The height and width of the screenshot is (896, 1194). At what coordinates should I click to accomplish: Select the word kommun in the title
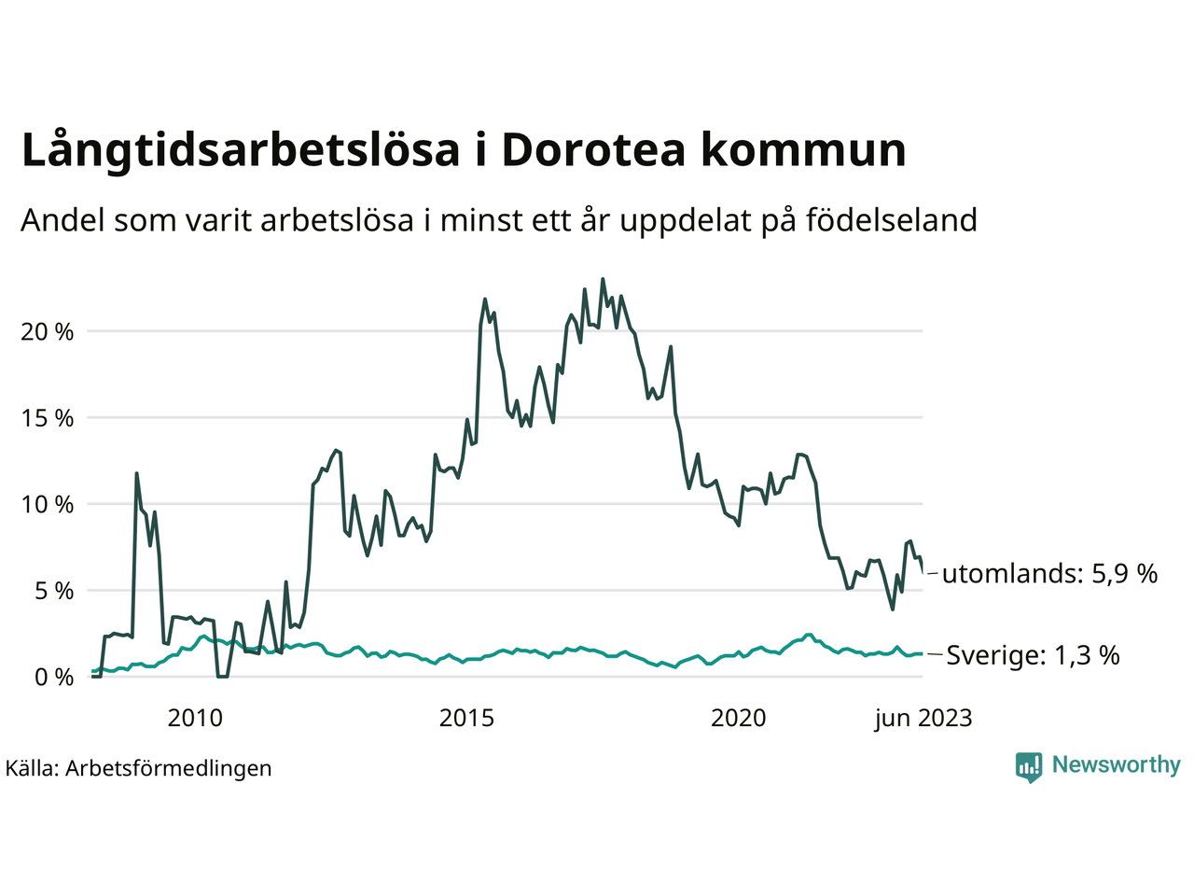803,150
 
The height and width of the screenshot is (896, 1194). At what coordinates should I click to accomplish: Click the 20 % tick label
48,331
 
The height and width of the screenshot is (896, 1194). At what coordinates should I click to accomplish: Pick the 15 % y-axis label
48,418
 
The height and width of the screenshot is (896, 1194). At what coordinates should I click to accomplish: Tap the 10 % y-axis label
48,504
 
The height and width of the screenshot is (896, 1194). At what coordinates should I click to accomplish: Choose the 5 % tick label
53,591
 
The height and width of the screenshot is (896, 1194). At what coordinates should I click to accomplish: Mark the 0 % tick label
53,677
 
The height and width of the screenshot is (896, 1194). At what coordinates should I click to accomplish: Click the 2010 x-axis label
195,718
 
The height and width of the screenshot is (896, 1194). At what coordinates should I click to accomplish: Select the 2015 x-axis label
466,718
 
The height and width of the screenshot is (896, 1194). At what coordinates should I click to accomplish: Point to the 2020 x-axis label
738,718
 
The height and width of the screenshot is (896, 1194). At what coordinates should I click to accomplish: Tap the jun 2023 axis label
923,718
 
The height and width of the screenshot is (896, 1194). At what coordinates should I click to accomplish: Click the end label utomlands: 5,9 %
1049,573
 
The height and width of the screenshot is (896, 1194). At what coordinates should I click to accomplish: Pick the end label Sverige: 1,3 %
1033,655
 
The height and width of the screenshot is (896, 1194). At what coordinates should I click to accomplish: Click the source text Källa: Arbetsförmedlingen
138,768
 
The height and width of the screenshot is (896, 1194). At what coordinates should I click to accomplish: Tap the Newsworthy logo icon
1028,767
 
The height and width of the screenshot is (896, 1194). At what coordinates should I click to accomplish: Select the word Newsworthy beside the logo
1116,765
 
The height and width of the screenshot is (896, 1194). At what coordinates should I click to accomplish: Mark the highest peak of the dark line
603,279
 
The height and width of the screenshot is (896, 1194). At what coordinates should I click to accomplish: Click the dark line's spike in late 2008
137,473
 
